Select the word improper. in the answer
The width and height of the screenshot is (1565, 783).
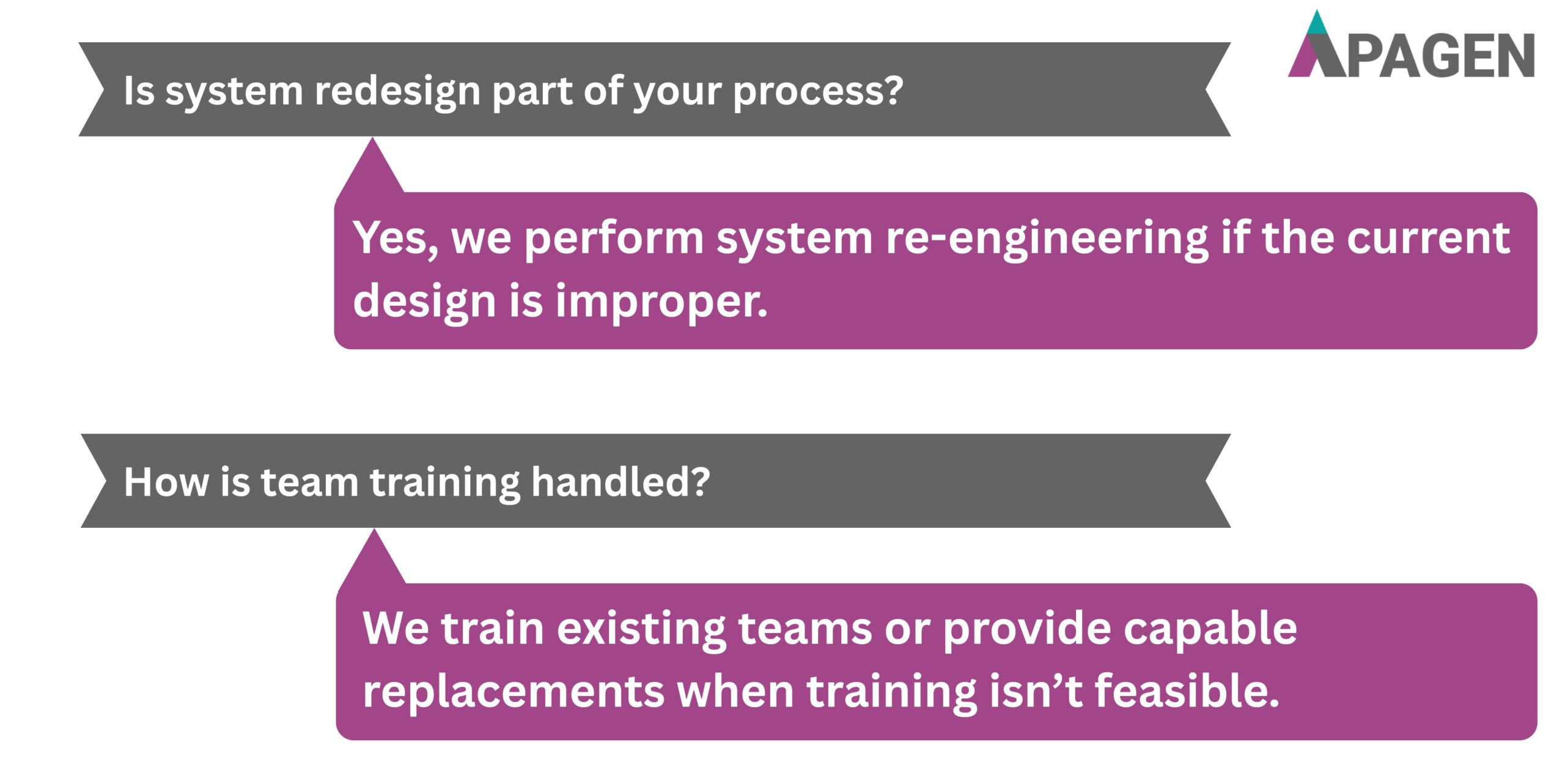click(x=661, y=302)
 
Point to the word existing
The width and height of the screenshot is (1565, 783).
click(x=641, y=629)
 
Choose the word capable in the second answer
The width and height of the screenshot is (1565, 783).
click(x=1210, y=629)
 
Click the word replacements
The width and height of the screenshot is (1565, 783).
click(x=514, y=691)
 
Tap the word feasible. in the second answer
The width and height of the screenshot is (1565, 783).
click(x=1187, y=691)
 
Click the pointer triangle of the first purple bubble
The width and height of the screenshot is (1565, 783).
click(x=372, y=169)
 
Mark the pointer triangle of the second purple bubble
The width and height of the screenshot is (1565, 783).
click(x=374, y=560)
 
